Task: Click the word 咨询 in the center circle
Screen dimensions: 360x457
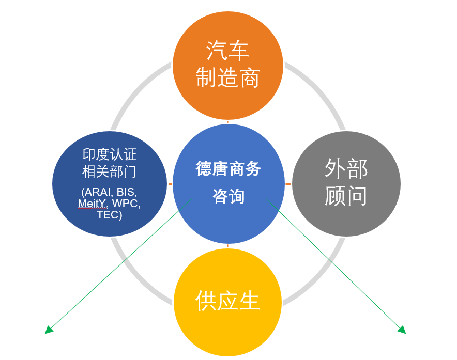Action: click(x=229, y=196)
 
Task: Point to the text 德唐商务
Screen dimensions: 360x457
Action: click(x=229, y=169)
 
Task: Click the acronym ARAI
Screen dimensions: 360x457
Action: click(x=96, y=192)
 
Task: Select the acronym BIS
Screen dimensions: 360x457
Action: click(x=127, y=192)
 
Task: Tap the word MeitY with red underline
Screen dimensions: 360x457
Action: click(x=93, y=204)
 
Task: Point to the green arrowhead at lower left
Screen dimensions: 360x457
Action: click(x=49, y=330)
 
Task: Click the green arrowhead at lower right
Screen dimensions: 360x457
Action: click(x=402, y=330)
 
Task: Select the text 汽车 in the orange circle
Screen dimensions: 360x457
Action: click(x=227, y=51)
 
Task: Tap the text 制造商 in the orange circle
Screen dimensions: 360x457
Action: click(x=227, y=79)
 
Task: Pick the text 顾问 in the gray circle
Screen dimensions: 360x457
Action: click(x=346, y=196)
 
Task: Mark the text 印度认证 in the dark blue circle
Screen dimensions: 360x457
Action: click(x=110, y=154)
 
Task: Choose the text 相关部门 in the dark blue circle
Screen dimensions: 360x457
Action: click(x=110, y=172)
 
